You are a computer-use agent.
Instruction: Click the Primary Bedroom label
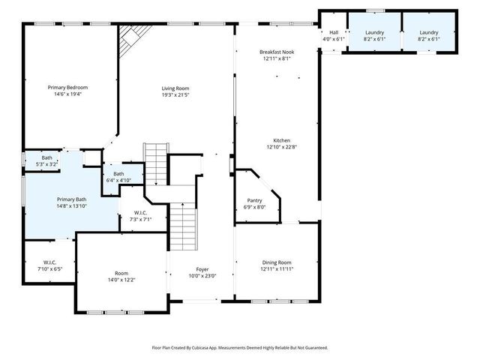pyautogui.click(x=68, y=88)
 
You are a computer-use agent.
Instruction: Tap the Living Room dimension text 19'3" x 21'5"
pyautogui.click(x=175, y=95)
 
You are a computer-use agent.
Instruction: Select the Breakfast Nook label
pyautogui.click(x=275, y=52)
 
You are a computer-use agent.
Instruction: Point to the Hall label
pyautogui.click(x=332, y=33)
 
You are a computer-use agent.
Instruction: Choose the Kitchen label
pyautogui.click(x=281, y=140)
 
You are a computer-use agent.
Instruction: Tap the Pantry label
pyautogui.click(x=254, y=200)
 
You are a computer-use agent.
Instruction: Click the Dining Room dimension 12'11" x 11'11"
pyautogui.click(x=276, y=268)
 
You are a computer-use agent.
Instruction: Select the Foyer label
pyautogui.click(x=202, y=268)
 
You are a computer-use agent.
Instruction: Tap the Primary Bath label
pyautogui.click(x=71, y=199)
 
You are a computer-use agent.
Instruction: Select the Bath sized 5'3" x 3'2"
pyautogui.click(x=47, y=160)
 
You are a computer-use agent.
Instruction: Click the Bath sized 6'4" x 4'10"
pyautogui.click(x=118, y=177)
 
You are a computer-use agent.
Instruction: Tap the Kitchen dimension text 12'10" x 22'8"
pyautogui.click(x=281, y=147)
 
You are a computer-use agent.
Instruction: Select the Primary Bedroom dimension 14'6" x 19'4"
pyautogui.click(x=68, y=94)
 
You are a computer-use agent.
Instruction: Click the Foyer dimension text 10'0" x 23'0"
pyautogui.click(x=202, y=275)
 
